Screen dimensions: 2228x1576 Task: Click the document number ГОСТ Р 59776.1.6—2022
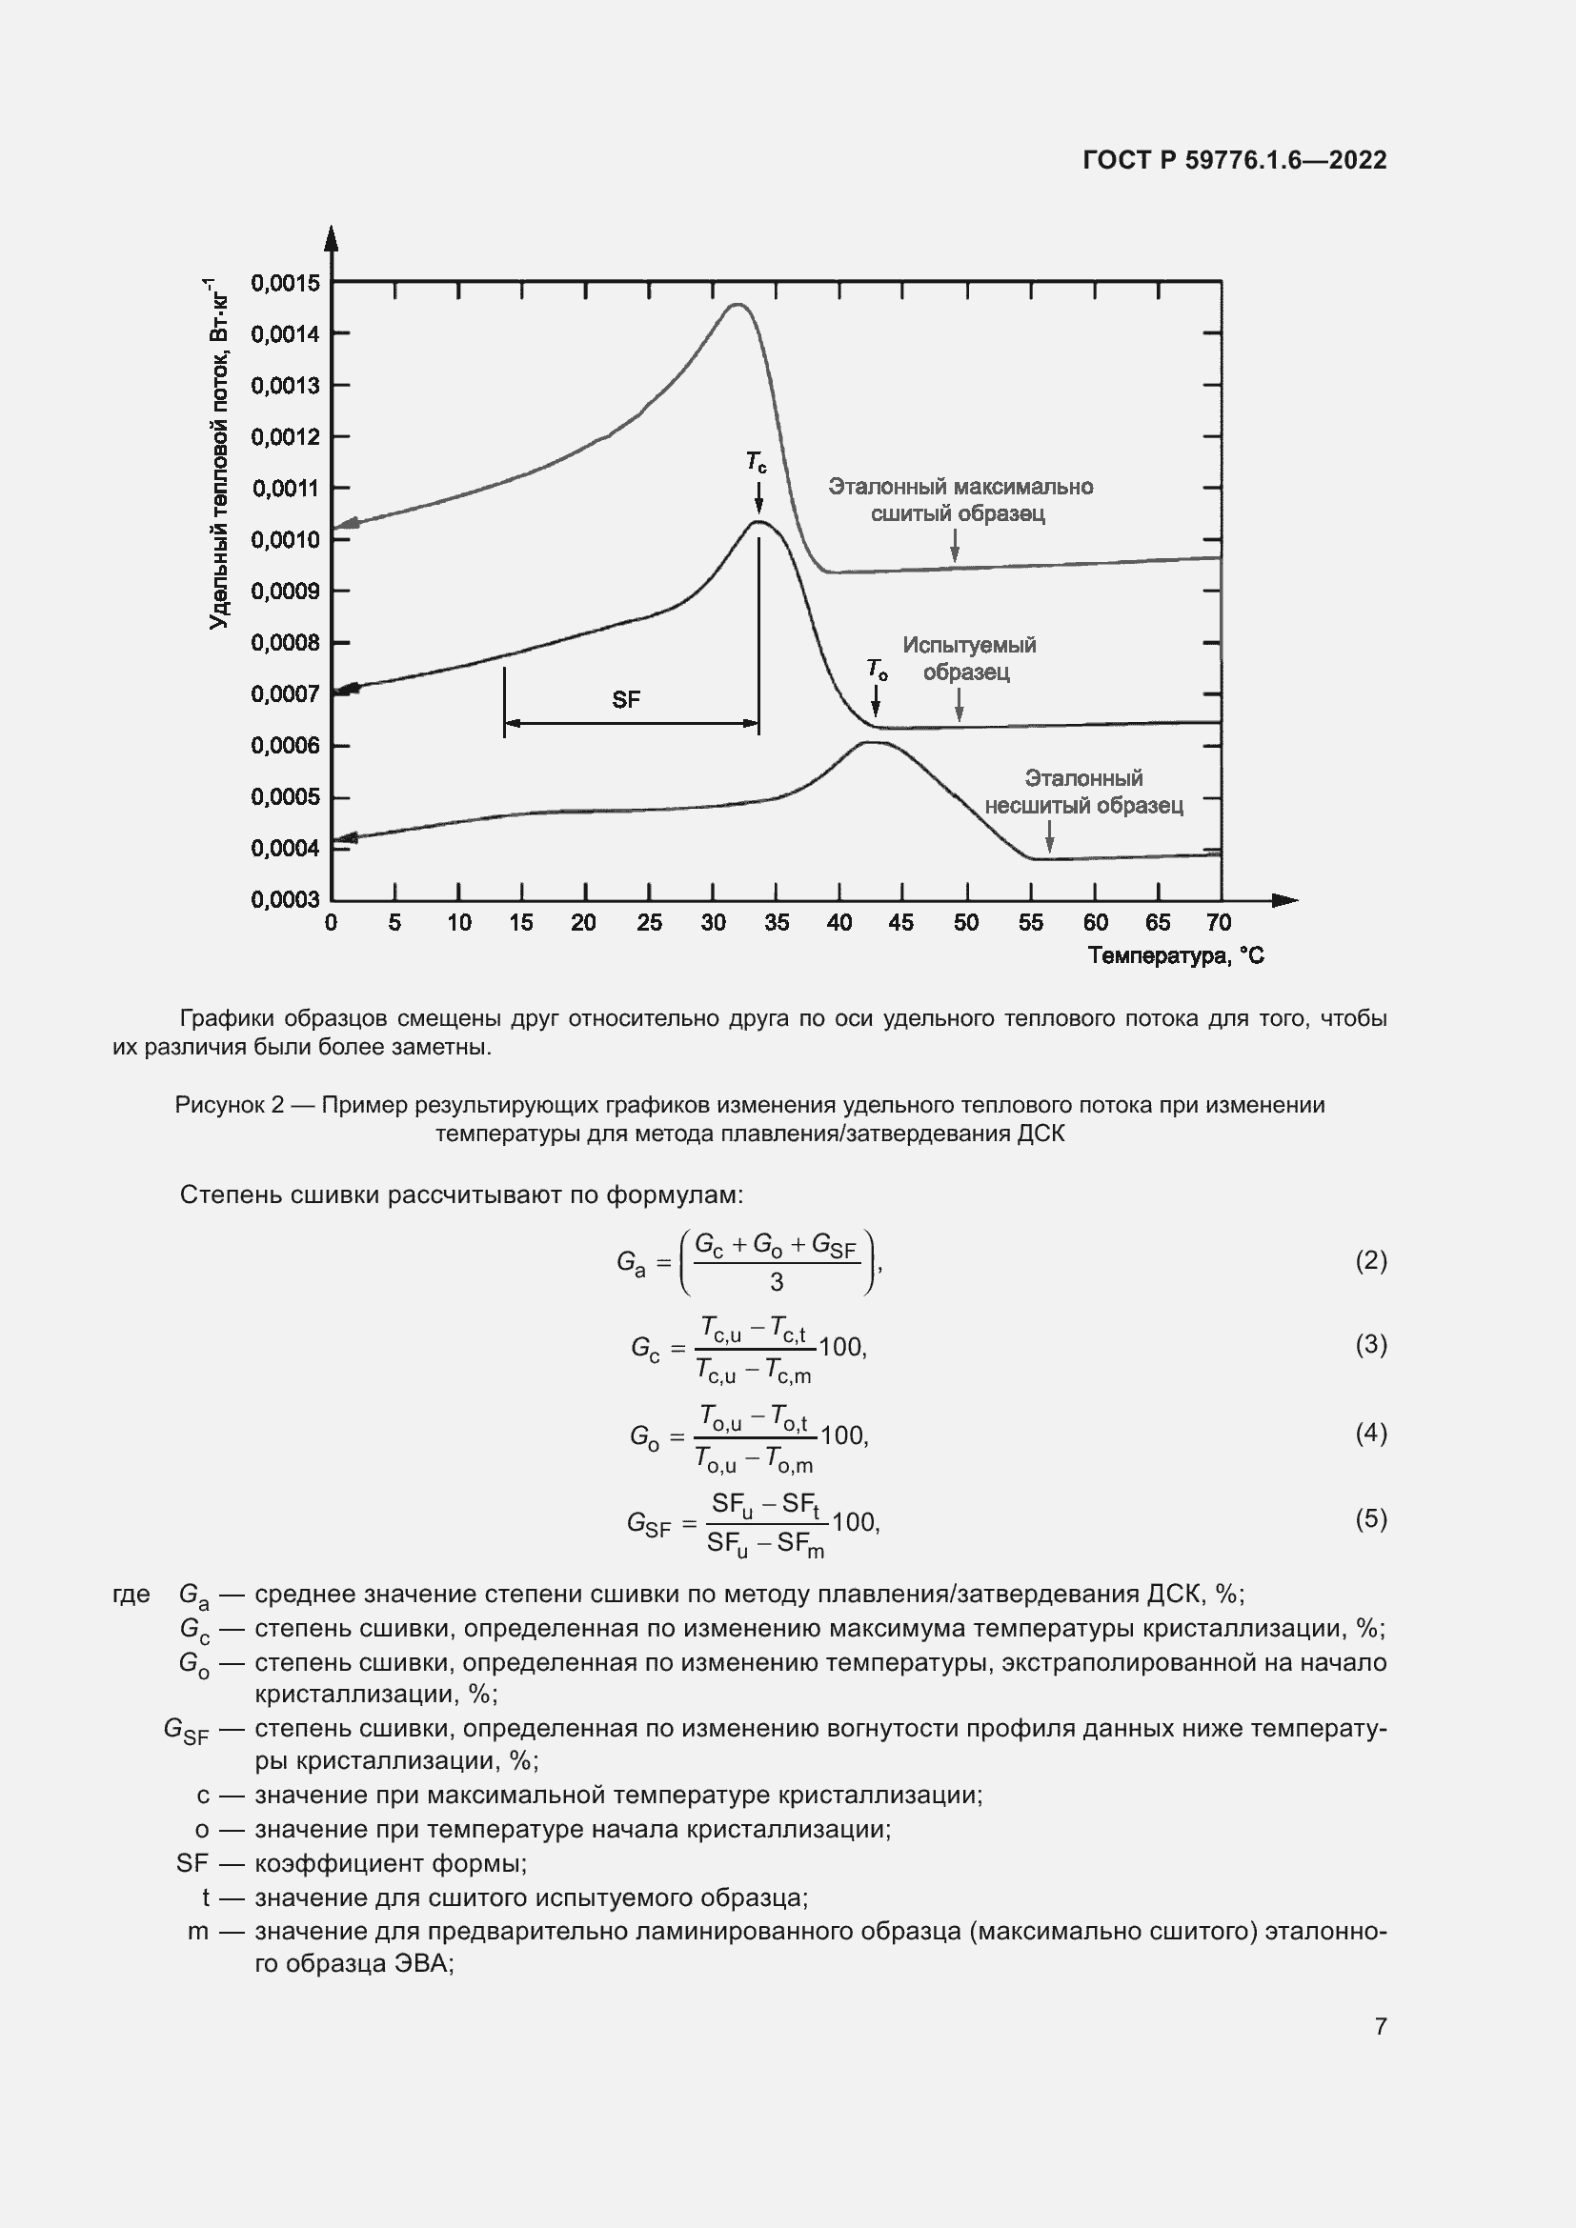click(x=1233, y=160)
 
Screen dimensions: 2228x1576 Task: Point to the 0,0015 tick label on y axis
click(x=284, y=283)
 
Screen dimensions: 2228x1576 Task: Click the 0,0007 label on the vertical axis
click(x=284, y=693)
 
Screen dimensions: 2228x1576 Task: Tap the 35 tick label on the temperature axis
click(x=777, y=923)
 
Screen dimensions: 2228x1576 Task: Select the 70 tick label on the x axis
click(x=1219, y=923)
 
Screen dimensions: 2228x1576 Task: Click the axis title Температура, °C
click(x=1175, y=955)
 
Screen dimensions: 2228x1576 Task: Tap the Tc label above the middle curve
click(x=756, y=462)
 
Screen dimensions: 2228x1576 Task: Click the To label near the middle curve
click(x=877, y=669)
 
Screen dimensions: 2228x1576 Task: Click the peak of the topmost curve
click(x=737, y=305)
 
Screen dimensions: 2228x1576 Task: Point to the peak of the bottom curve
click(x=872, y=742)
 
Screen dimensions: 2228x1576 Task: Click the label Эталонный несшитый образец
click(x=1083, y=792)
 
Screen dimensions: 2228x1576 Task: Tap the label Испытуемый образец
click(x=968, y=658)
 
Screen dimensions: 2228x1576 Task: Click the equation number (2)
click(x=1370, y=1260)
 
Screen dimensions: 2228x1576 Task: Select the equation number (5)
click(x=1370, y=1517)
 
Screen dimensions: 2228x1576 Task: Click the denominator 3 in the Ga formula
click(x=777, y=1283)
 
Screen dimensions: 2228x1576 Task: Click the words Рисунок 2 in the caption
click(x=229, y=1105)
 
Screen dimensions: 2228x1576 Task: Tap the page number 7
click(x=1380, y=2026)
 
